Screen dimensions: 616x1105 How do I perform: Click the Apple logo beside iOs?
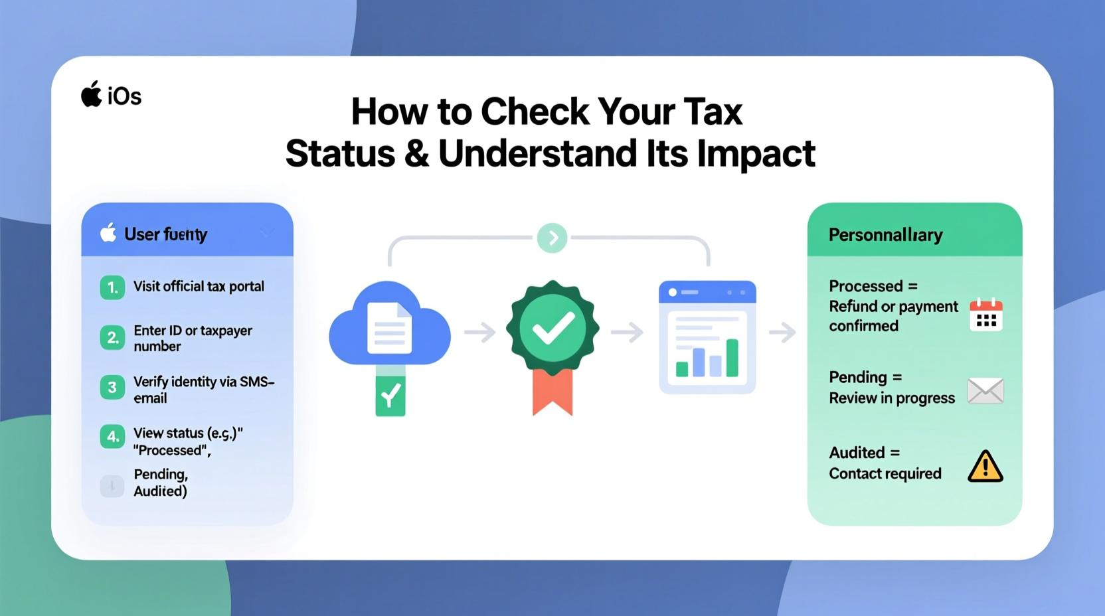pyautogui.click(x=92, y=94)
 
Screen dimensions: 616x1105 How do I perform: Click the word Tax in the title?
pyautogui.click(x=713, y=112)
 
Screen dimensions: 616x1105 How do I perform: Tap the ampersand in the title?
pyautogui.click(x=416, y=154)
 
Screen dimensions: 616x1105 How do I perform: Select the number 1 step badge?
pyautogui.click(x=112, y=287)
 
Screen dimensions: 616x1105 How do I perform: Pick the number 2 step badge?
pyautogui.click(x=112, y=338)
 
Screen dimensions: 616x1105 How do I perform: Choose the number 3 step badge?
pyautogui.click(x=112, y=388)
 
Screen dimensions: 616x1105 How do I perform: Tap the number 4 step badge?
pyautogui.click(x=112, y=437)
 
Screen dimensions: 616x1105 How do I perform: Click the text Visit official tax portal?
pyautogui.click(x=199, y=287)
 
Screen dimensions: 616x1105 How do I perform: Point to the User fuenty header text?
pyautogui.click(x=165, y=234)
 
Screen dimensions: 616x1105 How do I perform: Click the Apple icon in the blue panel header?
pyautogui.click(x=108, y=233)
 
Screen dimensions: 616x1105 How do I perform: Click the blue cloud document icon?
pyautogui.click(x=389, y=325)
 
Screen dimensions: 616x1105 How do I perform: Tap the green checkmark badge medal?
pyautogui.click(x=552, y=327)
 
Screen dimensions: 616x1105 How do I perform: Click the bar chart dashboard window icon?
pyautogui.click(x=707, y=337)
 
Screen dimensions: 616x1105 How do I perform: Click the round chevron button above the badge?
pyautogui.click(x=552, y=238)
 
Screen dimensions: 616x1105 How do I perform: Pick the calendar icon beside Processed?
pyautogui.click(x=985, y=315)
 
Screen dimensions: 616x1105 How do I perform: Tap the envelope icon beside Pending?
pyautogui.click(x=985, y=390)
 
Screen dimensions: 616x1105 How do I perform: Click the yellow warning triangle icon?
pyautogui.click(x=985, y=466)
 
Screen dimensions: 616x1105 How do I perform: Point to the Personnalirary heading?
pyautogui.click(x=885, y=235)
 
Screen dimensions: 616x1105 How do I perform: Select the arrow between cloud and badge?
pyautogui.click(x=480, y=332)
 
